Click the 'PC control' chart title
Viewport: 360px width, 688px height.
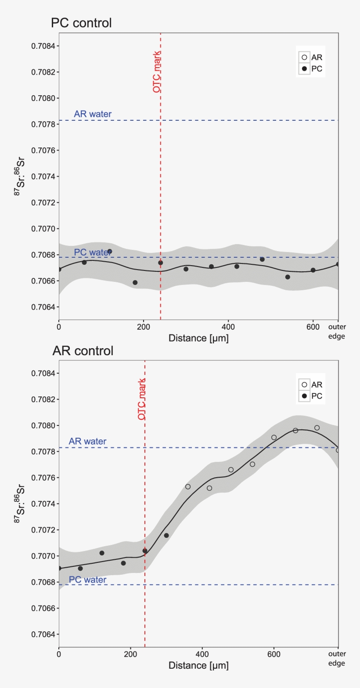point(81,23)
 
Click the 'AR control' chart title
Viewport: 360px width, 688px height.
point(83,351)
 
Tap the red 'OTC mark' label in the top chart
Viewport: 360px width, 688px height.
point(157,72)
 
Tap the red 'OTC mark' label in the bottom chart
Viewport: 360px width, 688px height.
point(142,399)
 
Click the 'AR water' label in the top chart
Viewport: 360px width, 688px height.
point(93,114)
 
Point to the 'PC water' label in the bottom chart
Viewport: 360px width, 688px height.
point(87,580)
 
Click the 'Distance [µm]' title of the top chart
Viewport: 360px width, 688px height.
point(198,338)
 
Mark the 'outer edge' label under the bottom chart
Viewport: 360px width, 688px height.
point(337,659)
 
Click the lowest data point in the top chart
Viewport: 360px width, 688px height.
point(135,282)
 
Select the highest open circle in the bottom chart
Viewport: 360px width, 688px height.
point(317,428)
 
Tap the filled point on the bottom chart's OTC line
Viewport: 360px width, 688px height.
point(145,551)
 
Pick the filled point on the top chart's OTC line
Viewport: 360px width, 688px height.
point(161,263)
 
